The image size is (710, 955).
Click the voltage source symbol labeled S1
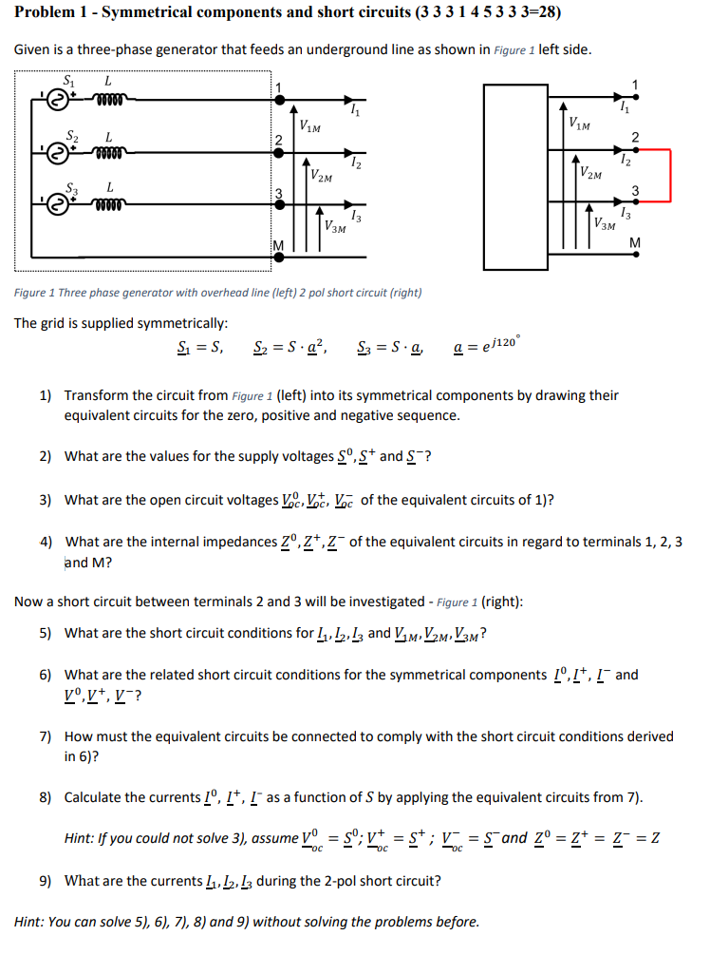tap(59, 98)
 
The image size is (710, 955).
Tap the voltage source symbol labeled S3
tap(59, 201)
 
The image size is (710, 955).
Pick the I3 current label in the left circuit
tap(354, 218)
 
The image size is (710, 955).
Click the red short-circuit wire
tap(671, 176)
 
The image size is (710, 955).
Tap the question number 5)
tap(46, 633)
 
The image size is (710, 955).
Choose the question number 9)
tap(46, 880)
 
